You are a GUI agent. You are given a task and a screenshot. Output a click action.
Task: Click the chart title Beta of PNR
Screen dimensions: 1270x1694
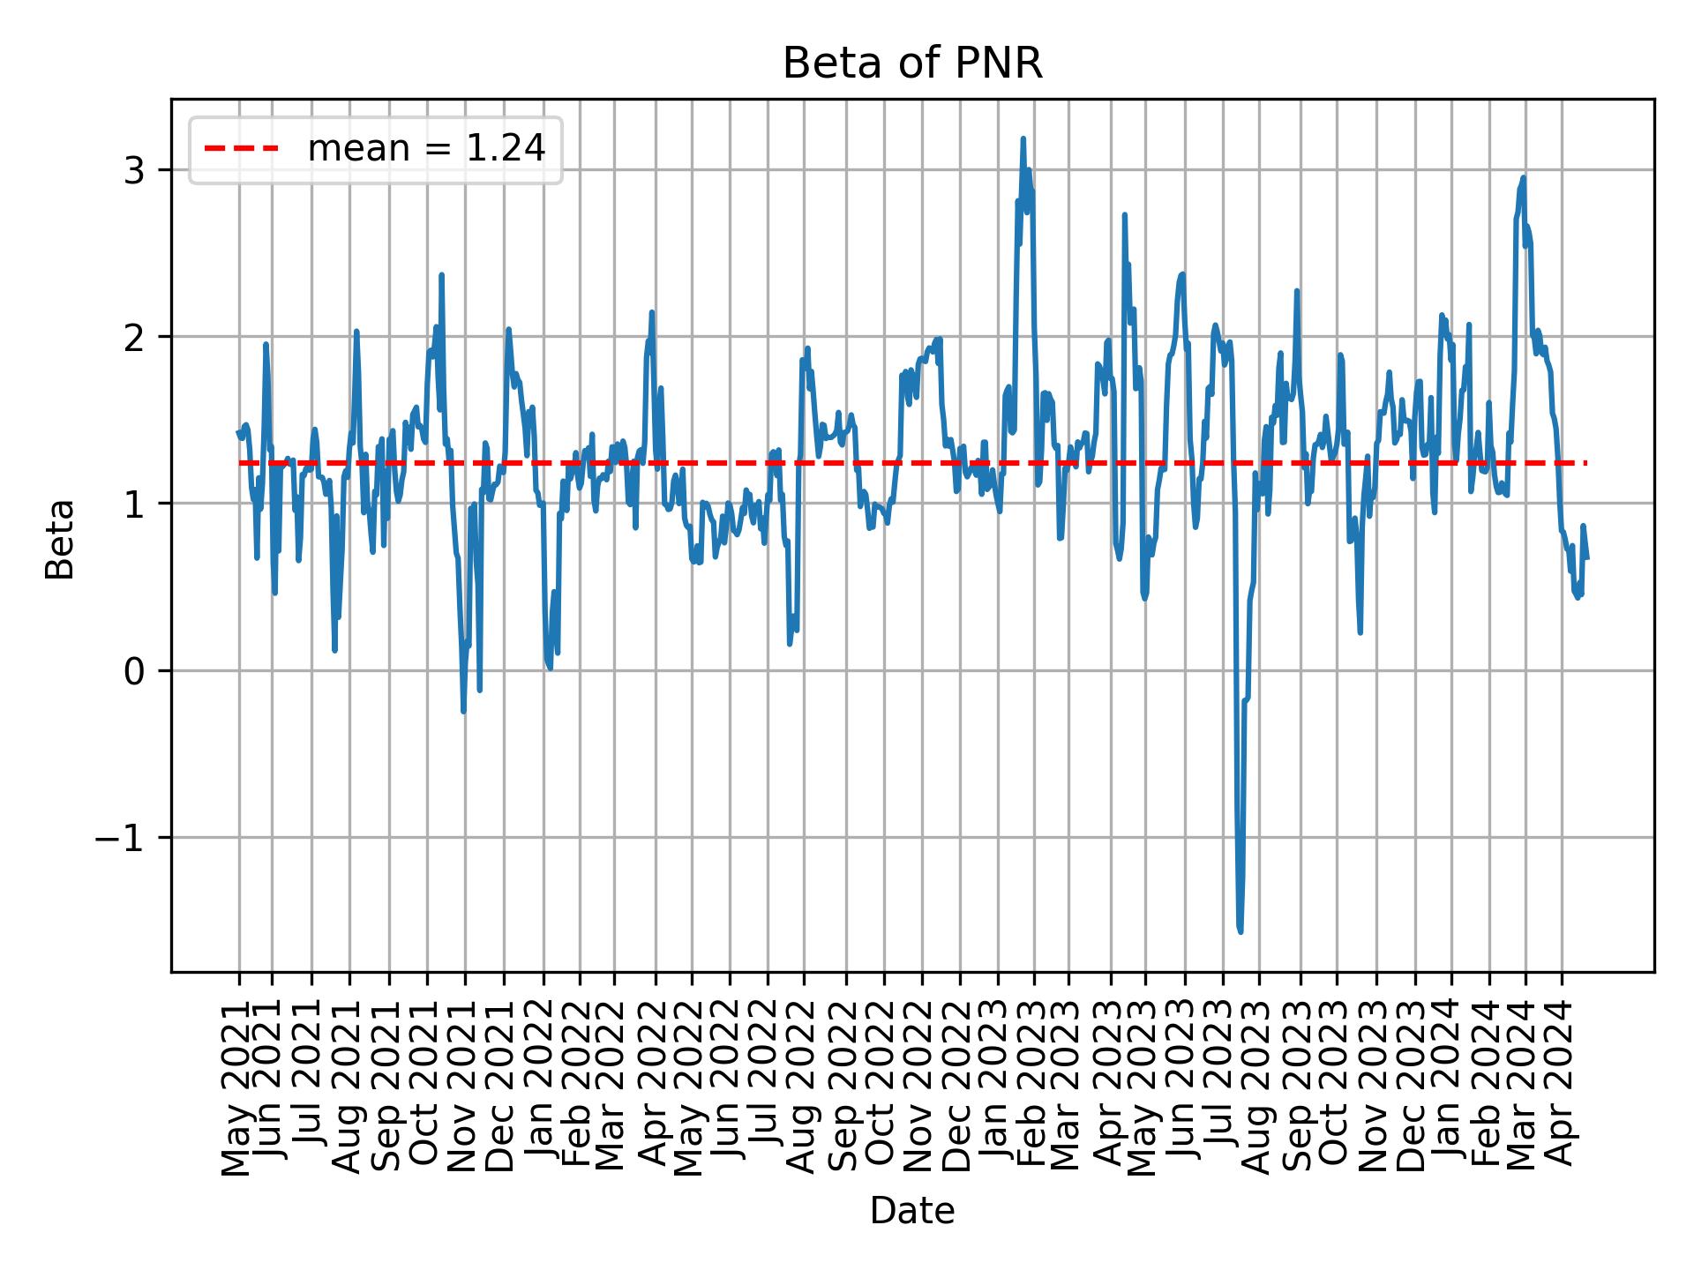coord(912,63)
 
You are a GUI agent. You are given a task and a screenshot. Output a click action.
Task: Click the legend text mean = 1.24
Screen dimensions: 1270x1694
coord(426,149)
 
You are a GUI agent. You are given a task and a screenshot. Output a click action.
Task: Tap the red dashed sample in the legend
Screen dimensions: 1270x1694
coord(242,149)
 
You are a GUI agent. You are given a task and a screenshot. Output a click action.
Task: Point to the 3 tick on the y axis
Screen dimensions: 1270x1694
coord(134,170)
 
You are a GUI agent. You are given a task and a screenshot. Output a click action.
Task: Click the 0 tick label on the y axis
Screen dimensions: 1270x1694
coord(134,671)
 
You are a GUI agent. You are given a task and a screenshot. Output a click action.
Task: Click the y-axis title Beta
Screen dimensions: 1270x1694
coord(60,539)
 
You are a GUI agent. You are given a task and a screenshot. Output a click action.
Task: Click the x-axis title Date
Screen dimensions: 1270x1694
coord(912,1211)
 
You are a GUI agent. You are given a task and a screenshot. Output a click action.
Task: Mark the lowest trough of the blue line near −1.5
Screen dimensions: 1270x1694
coord(1241,931)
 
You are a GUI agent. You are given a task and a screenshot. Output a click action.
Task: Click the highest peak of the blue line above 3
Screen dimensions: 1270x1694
coord(1023,139)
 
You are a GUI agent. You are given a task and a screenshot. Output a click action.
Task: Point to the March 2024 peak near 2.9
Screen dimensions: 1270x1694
coord(1523,178)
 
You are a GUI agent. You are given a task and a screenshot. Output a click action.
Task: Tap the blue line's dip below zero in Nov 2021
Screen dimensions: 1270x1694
coord(463,711)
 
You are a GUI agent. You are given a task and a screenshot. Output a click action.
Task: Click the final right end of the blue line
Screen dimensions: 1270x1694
coord(1587,557)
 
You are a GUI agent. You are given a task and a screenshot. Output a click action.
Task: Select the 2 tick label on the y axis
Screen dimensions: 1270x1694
coord(134,337)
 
